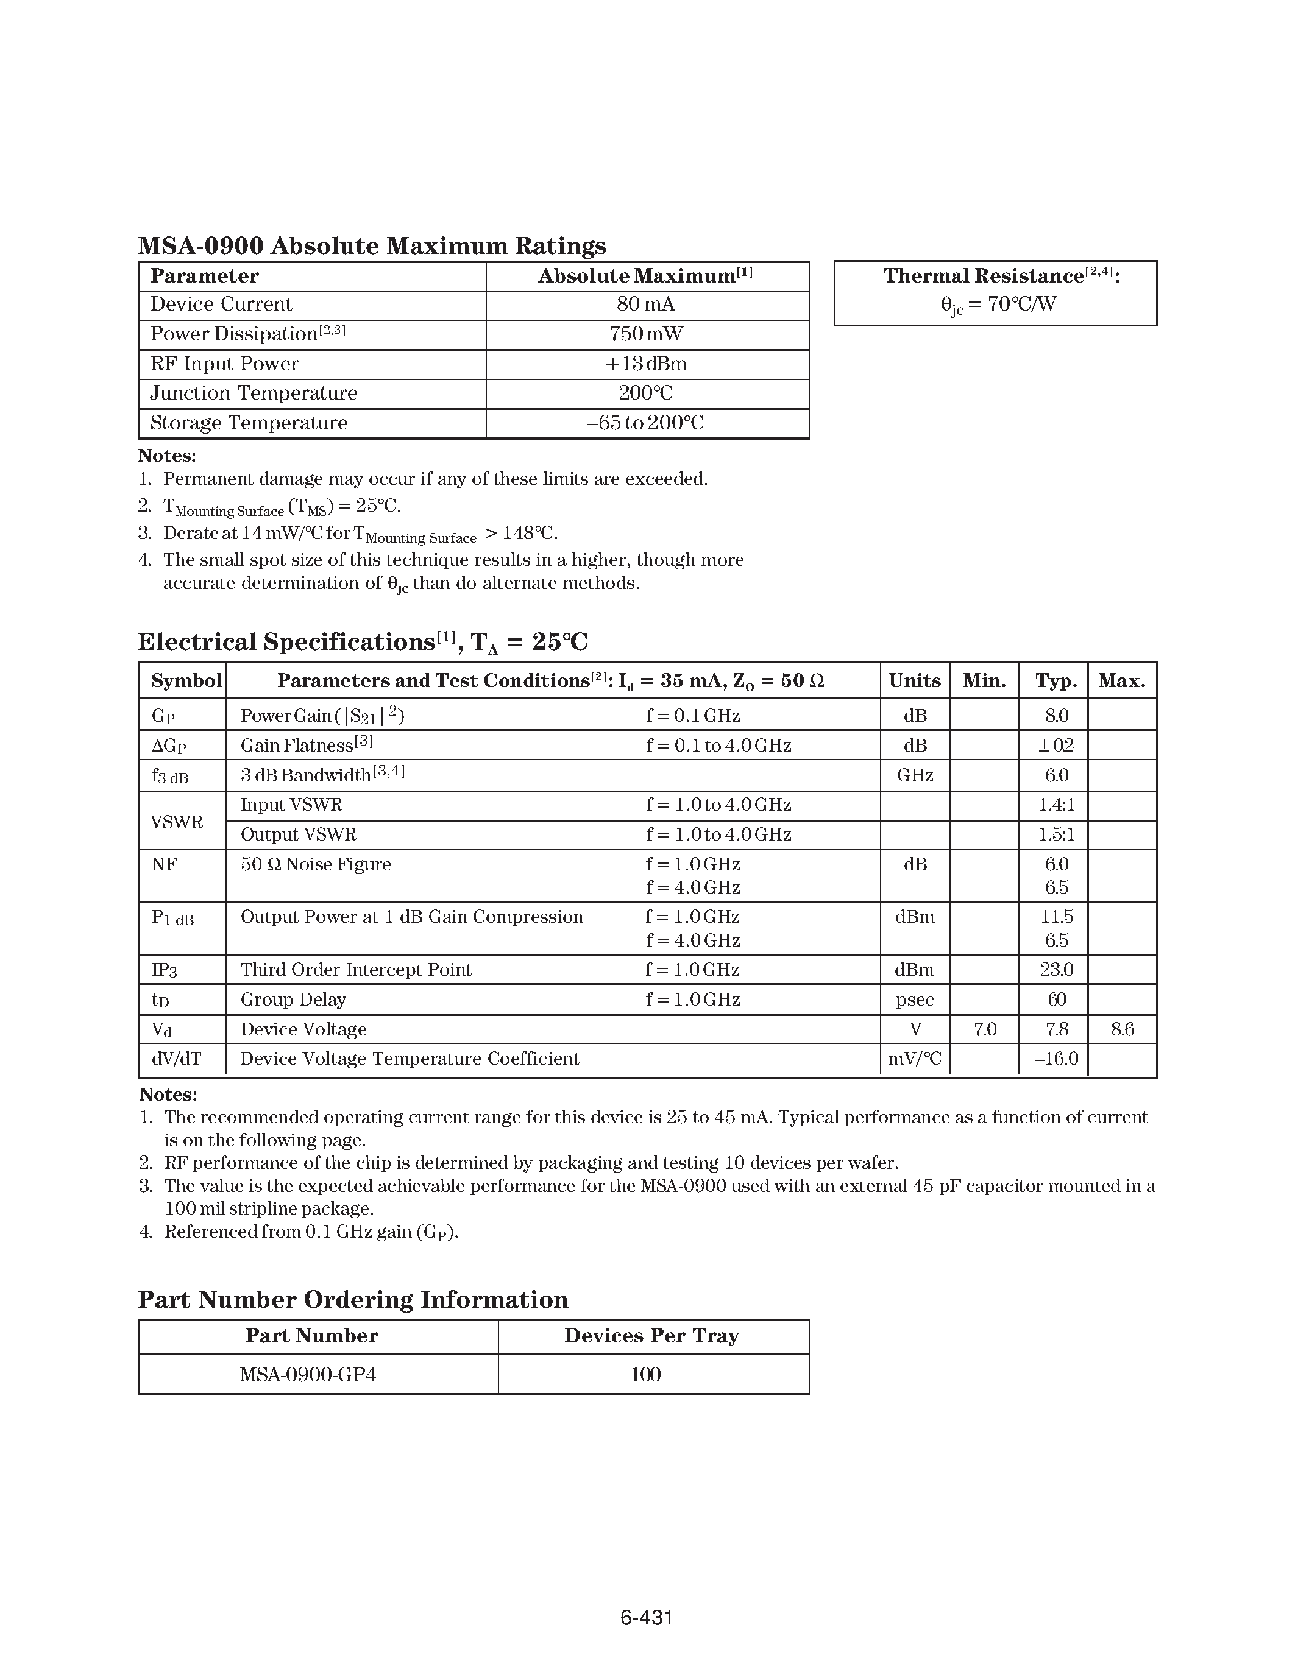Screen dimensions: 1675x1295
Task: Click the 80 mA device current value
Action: pos(646,305)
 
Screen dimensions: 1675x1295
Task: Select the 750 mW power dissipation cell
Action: pos(646,334)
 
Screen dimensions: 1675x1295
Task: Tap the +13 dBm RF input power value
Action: pos(646,364)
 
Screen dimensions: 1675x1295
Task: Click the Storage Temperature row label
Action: pos(249,423)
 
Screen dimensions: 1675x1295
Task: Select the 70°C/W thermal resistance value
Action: pos(998,305)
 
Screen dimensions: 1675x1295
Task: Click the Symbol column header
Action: pos(186,680)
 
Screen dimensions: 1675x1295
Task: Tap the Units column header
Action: pos(915,680)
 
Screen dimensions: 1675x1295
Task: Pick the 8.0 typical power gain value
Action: pos(1056,716)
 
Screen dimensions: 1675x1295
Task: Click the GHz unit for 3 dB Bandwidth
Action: pos(915,775)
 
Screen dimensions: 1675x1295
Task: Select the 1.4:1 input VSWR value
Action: pos(1056,805)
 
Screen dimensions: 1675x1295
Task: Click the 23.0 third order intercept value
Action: pos(1056,970)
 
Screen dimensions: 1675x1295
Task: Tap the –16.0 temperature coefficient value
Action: pos(1056,1059)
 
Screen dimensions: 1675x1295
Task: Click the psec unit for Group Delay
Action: pos(915,1000)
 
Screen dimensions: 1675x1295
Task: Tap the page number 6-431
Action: pos(646,1618)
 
